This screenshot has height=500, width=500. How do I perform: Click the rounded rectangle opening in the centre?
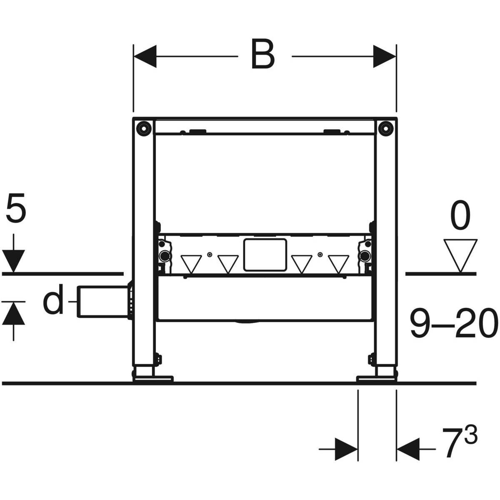click(x=264, y=253)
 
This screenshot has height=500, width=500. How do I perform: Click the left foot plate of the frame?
click(x=153, y=378)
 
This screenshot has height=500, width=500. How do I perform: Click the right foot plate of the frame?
click(x=376, y=378)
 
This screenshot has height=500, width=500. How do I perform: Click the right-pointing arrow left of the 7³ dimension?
click(x=346, y=449)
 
